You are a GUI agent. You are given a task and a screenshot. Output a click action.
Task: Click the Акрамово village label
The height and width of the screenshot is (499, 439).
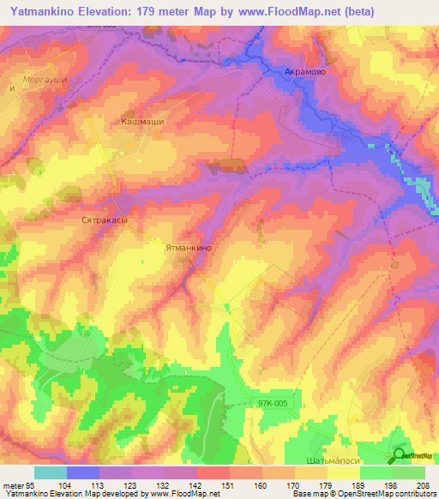pos(304,72)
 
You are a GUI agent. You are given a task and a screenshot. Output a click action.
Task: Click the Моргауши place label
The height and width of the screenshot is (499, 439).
pos(45,79)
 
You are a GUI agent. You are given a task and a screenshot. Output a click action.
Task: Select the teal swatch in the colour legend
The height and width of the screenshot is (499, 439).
pos(50,472)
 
